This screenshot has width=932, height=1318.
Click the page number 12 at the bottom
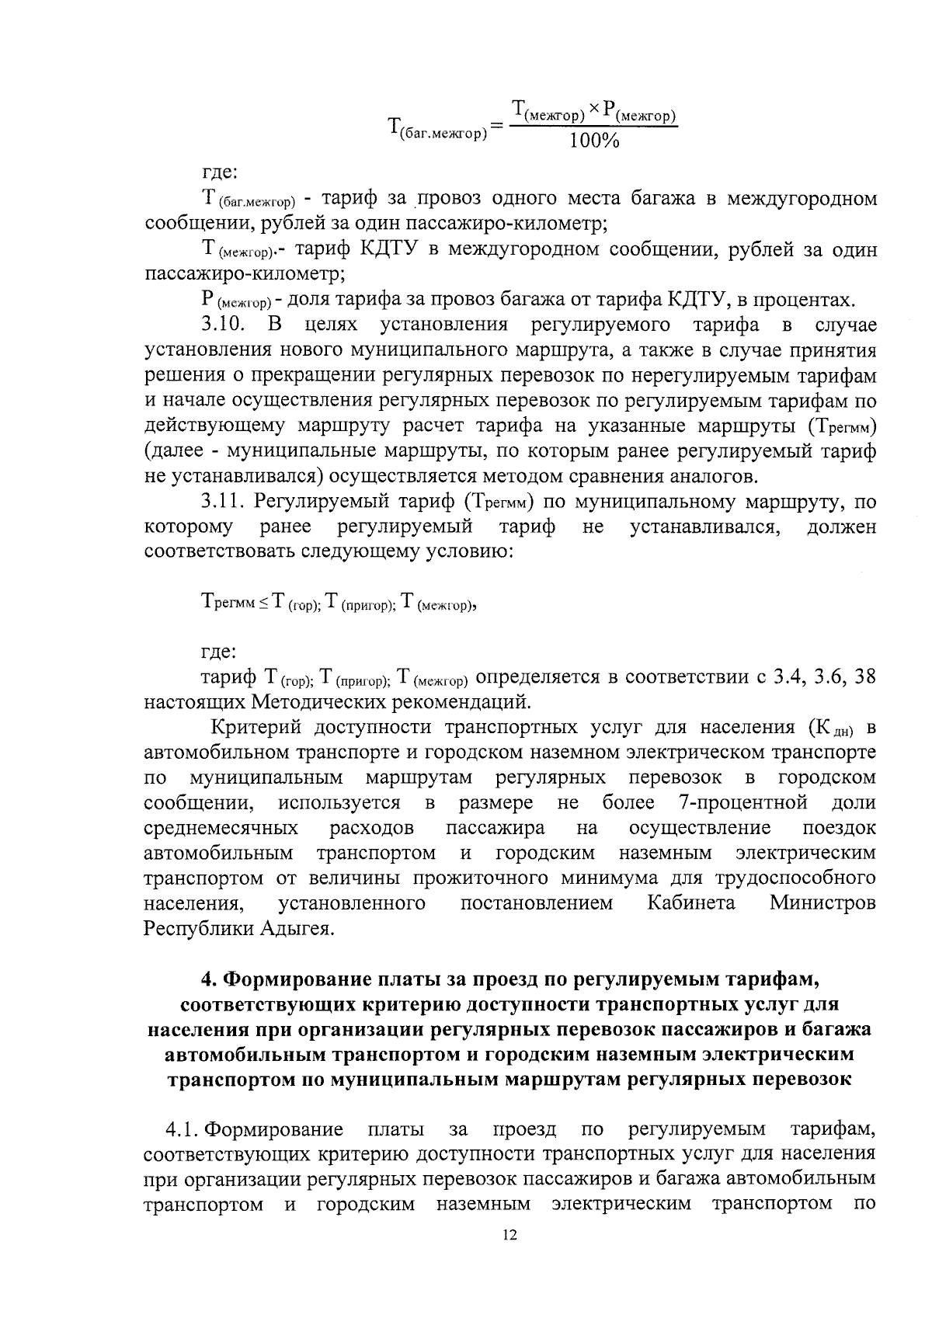[509, 1257]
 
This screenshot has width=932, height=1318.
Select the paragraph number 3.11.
[224, 502]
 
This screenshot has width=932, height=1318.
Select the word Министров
[822, 903]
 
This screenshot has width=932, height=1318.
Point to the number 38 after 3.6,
[864, 676]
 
